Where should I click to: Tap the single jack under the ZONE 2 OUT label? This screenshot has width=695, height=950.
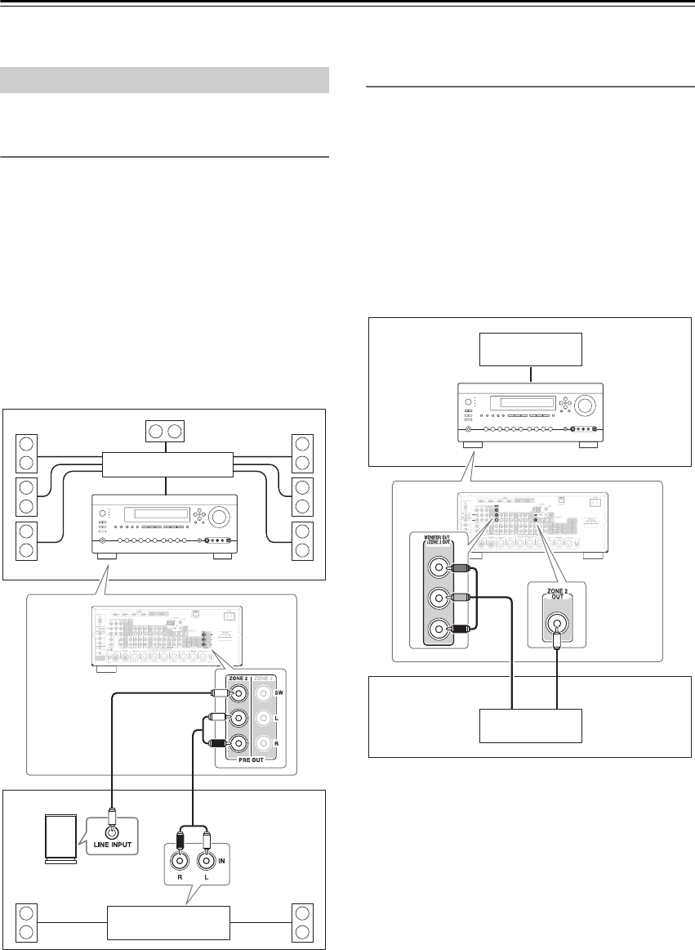click(557, 603)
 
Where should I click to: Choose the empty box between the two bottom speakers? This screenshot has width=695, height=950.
click(167, 922)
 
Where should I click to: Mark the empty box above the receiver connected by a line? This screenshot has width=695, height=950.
click(532, 350)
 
